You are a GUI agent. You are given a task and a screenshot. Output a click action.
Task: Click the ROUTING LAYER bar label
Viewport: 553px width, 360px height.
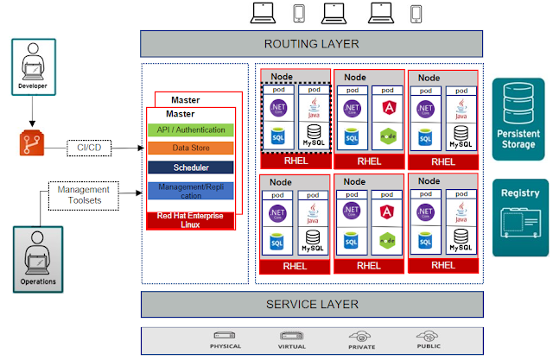[x=312, y=44]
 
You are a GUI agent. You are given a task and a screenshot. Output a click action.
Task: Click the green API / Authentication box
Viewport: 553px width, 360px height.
[x=191, y=130]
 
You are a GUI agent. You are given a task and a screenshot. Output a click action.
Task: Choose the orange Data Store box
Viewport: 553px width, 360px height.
[x=191, y=148]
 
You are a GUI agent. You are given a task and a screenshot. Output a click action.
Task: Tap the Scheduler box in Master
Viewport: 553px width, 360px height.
[x=191, y=167]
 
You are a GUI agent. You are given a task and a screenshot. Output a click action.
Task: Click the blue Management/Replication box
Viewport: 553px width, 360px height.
[x=191, y=191]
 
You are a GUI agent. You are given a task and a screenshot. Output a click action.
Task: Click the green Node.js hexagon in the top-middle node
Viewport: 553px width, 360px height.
[x=387, y=136]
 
